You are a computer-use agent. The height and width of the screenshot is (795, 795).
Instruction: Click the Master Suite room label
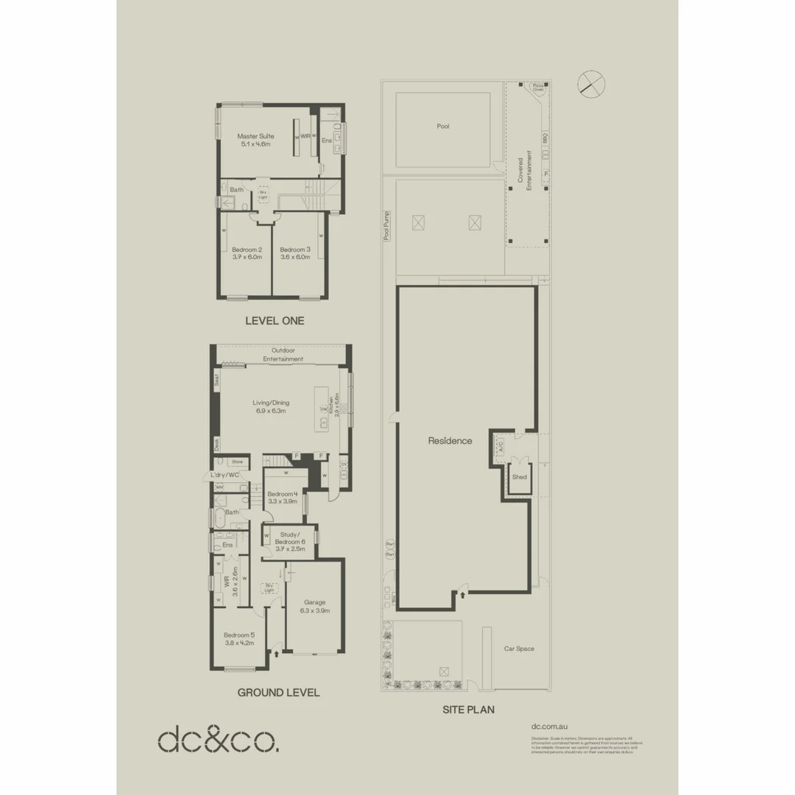click(255, 136)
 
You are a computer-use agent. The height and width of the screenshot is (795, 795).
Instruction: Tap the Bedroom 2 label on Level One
click(247, 250)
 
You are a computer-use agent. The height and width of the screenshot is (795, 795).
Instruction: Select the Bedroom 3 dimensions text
click(295, 257)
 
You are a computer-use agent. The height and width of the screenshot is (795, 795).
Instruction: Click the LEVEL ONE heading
click(274, 321)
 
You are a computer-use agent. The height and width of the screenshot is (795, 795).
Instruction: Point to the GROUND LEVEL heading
click(278, 693)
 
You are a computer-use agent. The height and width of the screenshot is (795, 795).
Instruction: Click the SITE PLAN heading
click(468, 710)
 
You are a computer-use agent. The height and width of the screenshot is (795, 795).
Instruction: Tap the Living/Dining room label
click(271, 403)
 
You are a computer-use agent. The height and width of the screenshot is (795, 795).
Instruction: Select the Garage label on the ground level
click(314, 602)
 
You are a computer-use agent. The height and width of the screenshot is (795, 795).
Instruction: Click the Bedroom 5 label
click(239, 635)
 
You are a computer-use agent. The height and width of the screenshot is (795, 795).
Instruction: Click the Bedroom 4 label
click(282, 494)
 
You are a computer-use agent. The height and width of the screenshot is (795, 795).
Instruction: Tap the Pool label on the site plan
click(442, 127)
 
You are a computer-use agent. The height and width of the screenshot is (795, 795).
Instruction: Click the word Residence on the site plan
click(450, 441)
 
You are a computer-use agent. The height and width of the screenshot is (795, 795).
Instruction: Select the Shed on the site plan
click(520, 477)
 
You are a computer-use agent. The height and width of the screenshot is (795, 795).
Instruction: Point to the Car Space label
click(519, 649)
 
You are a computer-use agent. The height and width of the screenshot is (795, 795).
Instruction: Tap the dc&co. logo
click(219, 739)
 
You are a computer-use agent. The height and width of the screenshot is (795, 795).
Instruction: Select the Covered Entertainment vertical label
click(524, 174)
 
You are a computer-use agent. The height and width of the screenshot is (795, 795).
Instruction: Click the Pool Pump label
click(386, 226)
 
